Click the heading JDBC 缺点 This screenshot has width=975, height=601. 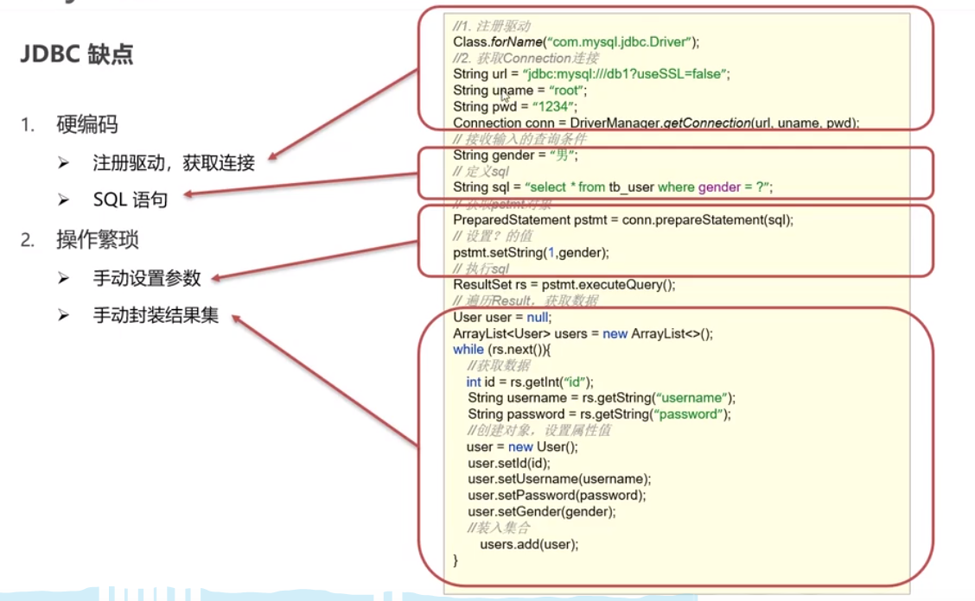[x=77, y=54]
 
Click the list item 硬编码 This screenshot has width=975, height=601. [x=86, y=125]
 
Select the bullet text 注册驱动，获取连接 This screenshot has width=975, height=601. [x=174, y=162]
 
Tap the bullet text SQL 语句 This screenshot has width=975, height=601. [x=130, y=199]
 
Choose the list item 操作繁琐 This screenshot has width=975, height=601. [x=98, y=239]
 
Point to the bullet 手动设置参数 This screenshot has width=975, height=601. [x=147, y=277]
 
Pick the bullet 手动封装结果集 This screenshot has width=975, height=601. [x=156, y=315]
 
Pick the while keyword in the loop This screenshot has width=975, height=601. [x=468, y=350]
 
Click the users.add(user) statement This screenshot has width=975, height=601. [x=529, y=544]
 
